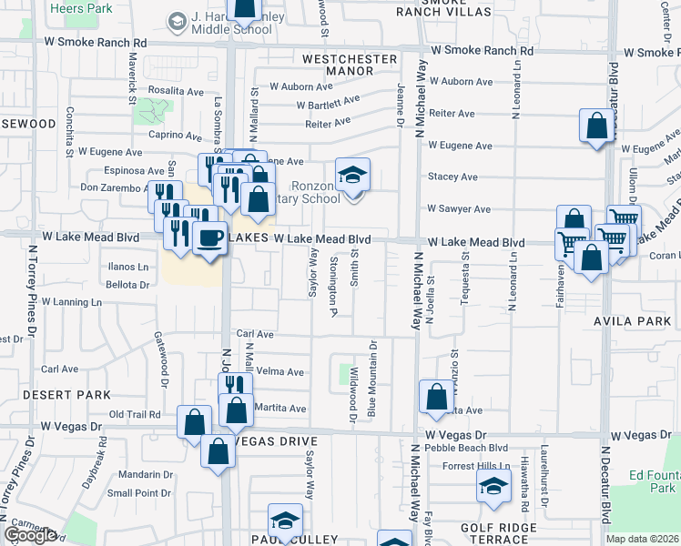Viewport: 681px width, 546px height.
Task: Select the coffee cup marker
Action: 208,239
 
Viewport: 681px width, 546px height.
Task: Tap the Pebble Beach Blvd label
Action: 471,448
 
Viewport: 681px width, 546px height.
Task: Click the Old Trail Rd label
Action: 135,414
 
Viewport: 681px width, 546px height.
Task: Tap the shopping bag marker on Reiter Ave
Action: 596,126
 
